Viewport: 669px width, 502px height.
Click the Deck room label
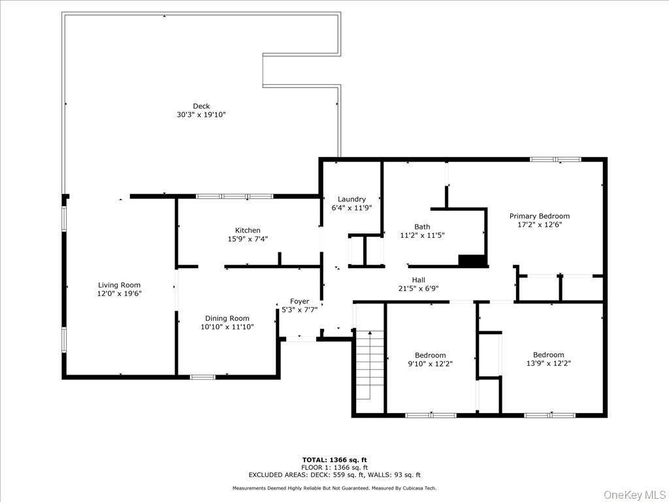point(201,107)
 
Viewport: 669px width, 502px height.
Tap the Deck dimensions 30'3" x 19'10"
point(201,115)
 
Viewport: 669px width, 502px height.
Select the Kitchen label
point(248,231)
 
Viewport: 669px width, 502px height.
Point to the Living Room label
point(119,285)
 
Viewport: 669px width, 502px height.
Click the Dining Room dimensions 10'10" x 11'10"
point(227,327)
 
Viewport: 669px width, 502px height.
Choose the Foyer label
point(299,301)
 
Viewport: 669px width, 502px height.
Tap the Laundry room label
point(351,199)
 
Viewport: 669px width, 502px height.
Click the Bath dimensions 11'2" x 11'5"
point(422,235)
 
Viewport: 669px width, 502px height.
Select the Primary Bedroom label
point(539,216)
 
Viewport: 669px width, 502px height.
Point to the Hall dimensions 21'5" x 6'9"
point(418,288)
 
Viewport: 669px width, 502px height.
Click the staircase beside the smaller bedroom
point(370,365)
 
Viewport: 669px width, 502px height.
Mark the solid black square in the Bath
point(472,260)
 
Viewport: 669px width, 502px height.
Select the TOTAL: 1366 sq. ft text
point(334,460)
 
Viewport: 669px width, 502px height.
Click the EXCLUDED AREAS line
point(334,475)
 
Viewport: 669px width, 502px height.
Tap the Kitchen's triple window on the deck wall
point(235,196)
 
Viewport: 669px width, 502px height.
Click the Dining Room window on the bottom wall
point(203,377)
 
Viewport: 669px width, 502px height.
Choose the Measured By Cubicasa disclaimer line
point(334,488)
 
